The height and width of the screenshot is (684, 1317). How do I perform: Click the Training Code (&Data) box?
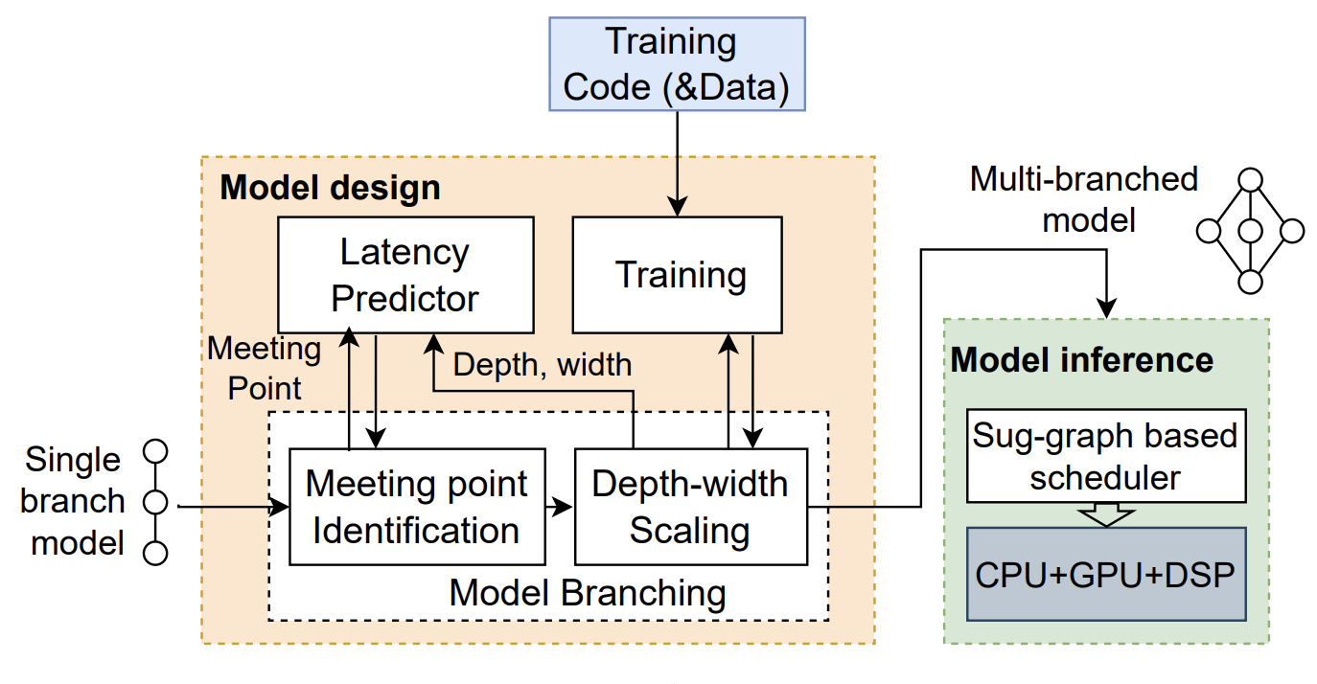coord(677,64)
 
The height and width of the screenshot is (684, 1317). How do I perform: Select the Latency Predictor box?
coord(404,275)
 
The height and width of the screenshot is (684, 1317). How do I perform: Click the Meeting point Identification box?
coord(416,506)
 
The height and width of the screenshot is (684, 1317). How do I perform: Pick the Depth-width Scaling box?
coord(690,506)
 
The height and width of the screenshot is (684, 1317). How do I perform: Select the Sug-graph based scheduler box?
coord(1105,457)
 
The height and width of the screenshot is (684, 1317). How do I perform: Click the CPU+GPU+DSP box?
coord(1105,573)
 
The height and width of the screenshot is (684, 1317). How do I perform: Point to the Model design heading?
coord(330,187)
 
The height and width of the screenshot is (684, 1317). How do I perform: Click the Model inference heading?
coord(1081,360)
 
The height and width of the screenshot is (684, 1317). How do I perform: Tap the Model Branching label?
coord(588,593)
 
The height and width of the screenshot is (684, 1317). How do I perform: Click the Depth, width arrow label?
coord(543,364)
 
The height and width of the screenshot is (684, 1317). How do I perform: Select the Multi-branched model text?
coord(1084,199)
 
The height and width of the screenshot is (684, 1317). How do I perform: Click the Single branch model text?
coord(74,501)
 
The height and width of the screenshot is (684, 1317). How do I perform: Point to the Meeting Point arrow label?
coord(264,368)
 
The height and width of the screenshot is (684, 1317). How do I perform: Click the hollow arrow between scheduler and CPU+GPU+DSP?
coord(1105,515)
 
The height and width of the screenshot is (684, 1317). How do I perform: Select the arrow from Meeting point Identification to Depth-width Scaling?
coord(559,506)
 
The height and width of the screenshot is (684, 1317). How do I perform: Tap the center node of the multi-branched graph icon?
coord(1249,231)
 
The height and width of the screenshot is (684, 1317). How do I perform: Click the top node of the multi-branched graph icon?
coord(1249,179)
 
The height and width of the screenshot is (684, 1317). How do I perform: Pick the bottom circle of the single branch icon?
coord(154,553)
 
